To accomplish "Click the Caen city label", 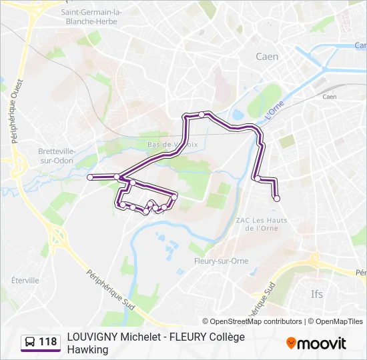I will (x=267, y=57).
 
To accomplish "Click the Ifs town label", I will (x=316, y=293).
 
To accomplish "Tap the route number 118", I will (x=47, y=342).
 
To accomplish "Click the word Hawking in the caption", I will (x=87, y=349).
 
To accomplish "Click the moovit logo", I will (x=316, y=343).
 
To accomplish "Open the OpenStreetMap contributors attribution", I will (x=256, y=321).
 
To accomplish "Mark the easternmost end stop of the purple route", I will (x=277, y=198).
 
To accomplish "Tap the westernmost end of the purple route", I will (x=89, y=177).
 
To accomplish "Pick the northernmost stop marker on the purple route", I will (x=202, y=115).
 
